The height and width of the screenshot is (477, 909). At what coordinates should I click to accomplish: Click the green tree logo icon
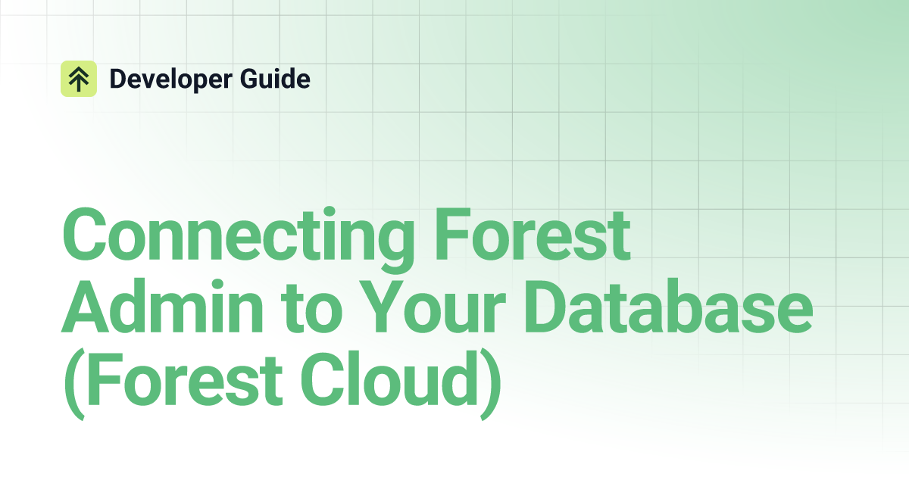[79, 79]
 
